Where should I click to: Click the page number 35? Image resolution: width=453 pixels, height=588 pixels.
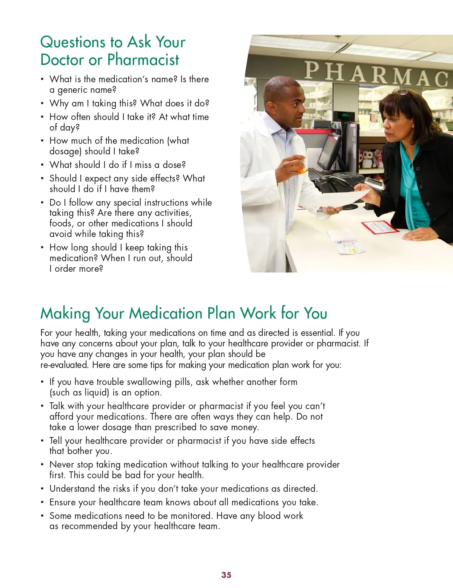tap(226, 575)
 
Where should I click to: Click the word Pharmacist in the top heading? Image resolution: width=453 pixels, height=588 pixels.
tap(143, 60)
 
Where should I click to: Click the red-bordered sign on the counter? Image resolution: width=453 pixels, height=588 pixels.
tap(380, 227)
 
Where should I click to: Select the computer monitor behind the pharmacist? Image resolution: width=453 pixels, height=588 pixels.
tap(329, 151)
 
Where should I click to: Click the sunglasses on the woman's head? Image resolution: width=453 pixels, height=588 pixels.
tap(402, 92)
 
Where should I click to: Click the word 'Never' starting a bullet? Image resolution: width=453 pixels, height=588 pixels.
tap(62, 465)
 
